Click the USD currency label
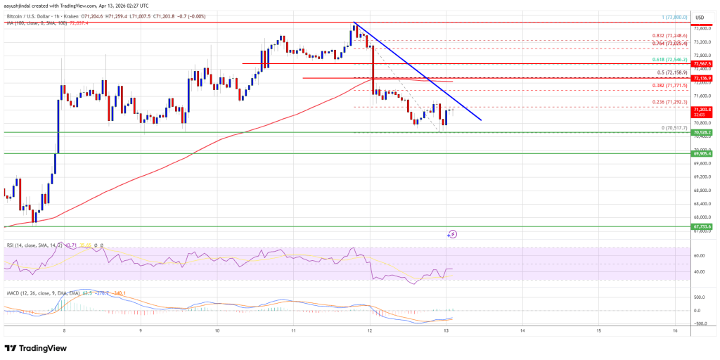point(700,17)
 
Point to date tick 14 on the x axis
point(522,330)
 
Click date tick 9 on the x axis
point(141,330)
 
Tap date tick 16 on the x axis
point(674,330)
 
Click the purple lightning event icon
point(453,234)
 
